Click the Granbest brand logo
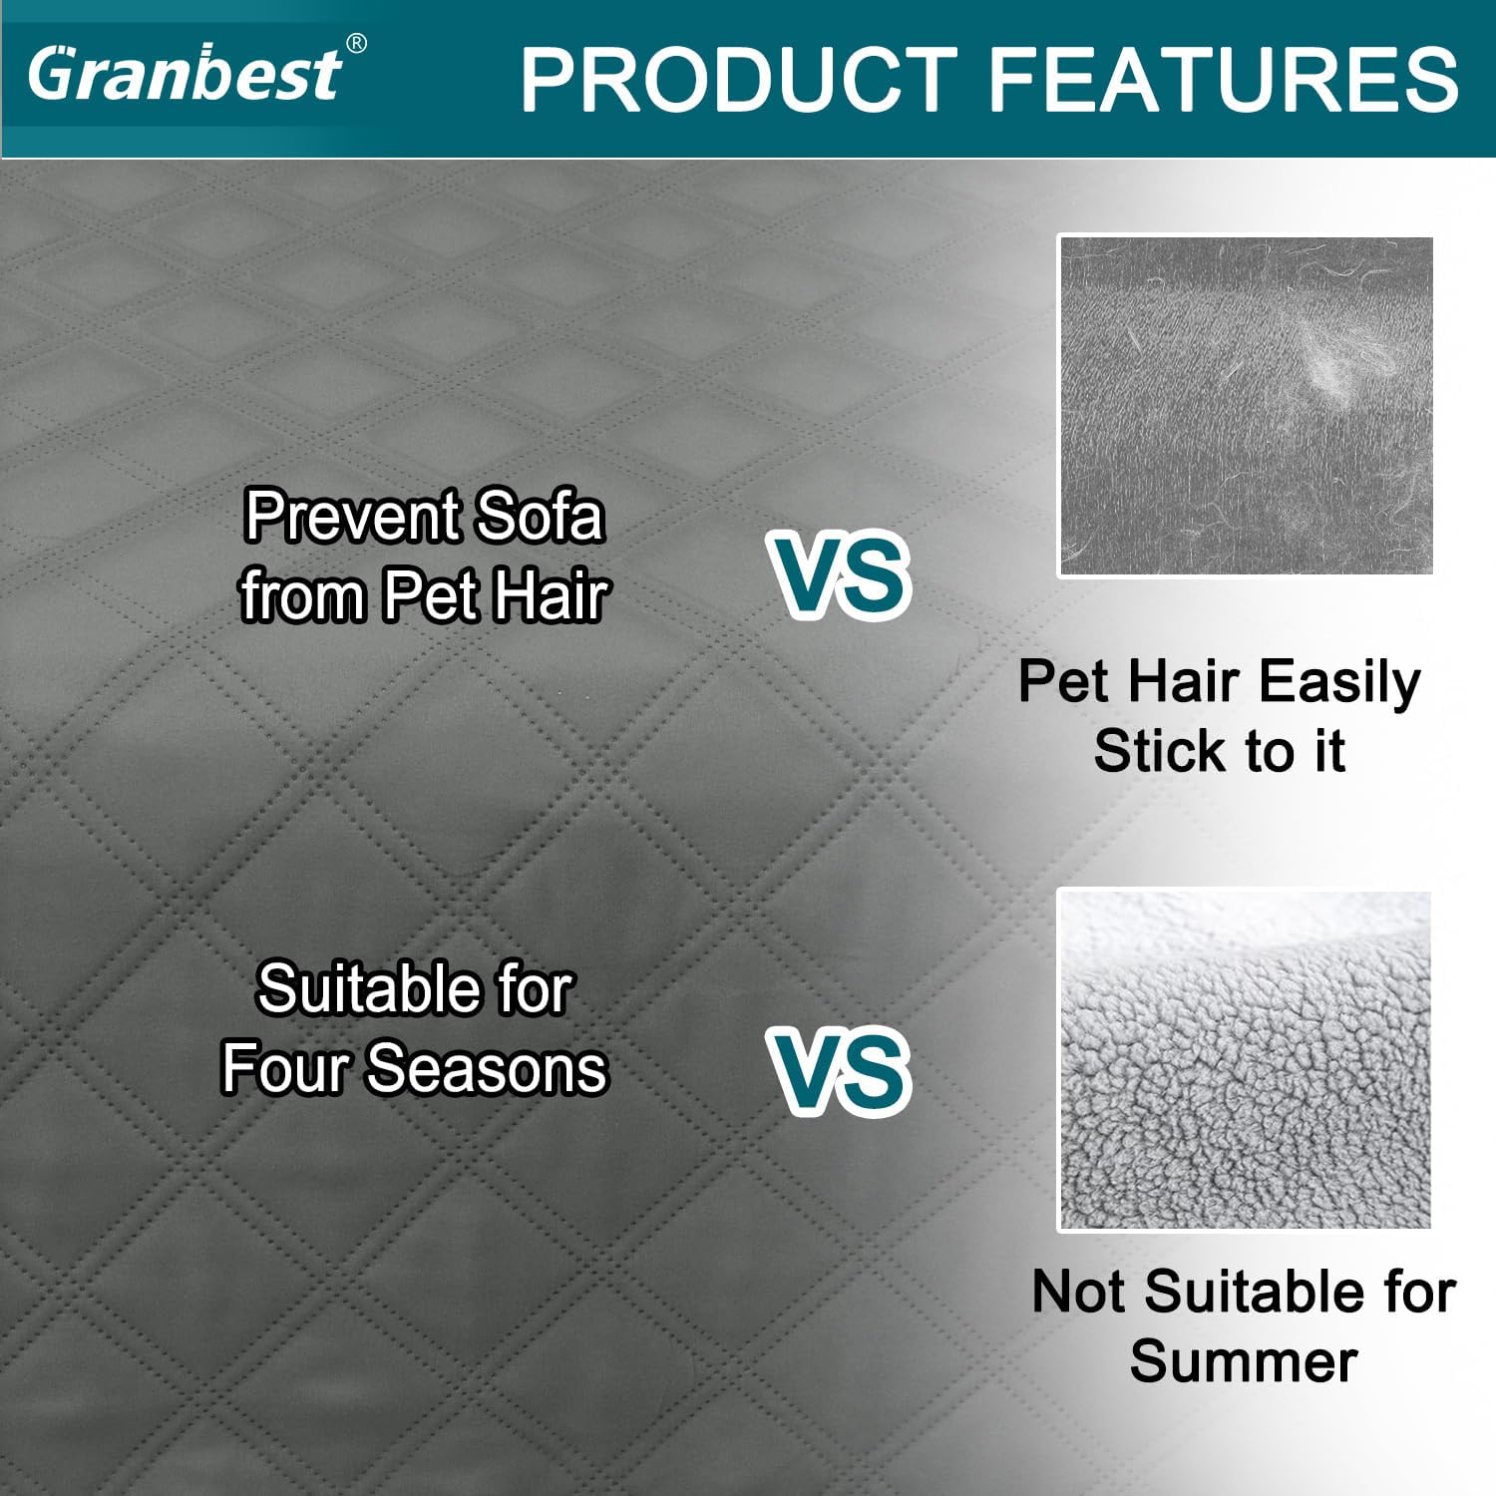(185, 74)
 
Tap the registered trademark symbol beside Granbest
(355, 44)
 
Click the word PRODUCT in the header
(738, 80)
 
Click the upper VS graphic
(840, 575)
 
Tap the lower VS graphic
(840, 1071)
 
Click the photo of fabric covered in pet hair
(1245, 406)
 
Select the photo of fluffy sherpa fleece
(1245, 1060)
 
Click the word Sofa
(539, 517)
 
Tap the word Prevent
(352, 517)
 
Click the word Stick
(1161, 751)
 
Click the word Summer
(1244, 1361)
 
